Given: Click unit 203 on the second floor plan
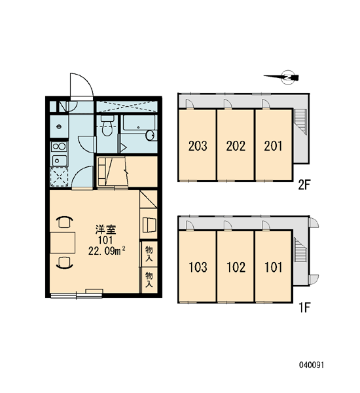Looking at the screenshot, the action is pos(198,145).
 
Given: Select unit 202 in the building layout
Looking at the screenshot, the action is pos(236,145).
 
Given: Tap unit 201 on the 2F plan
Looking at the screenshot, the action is pos(274,145).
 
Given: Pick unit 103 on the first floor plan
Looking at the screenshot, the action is pos(198,267).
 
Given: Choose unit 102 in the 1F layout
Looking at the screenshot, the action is pos(236,267).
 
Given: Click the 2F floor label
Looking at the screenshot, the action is pos(304,185).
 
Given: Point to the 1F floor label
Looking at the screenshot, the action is pos(304,307).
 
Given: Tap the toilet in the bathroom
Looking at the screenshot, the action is pos(107,126).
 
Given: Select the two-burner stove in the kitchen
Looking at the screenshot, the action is pos(59,146).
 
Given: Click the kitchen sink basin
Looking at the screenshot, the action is pos(59,160).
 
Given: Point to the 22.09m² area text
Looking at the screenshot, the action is pos(107,251).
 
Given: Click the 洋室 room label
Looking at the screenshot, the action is pos(105,230).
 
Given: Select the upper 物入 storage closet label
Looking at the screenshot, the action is pos(149,253).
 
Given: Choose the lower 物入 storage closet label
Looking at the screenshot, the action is pos(149,280).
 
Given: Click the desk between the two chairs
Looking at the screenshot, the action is pos(63,242).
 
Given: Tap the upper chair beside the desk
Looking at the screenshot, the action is pos(65,222).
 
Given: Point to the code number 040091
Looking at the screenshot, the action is pos(312,365).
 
